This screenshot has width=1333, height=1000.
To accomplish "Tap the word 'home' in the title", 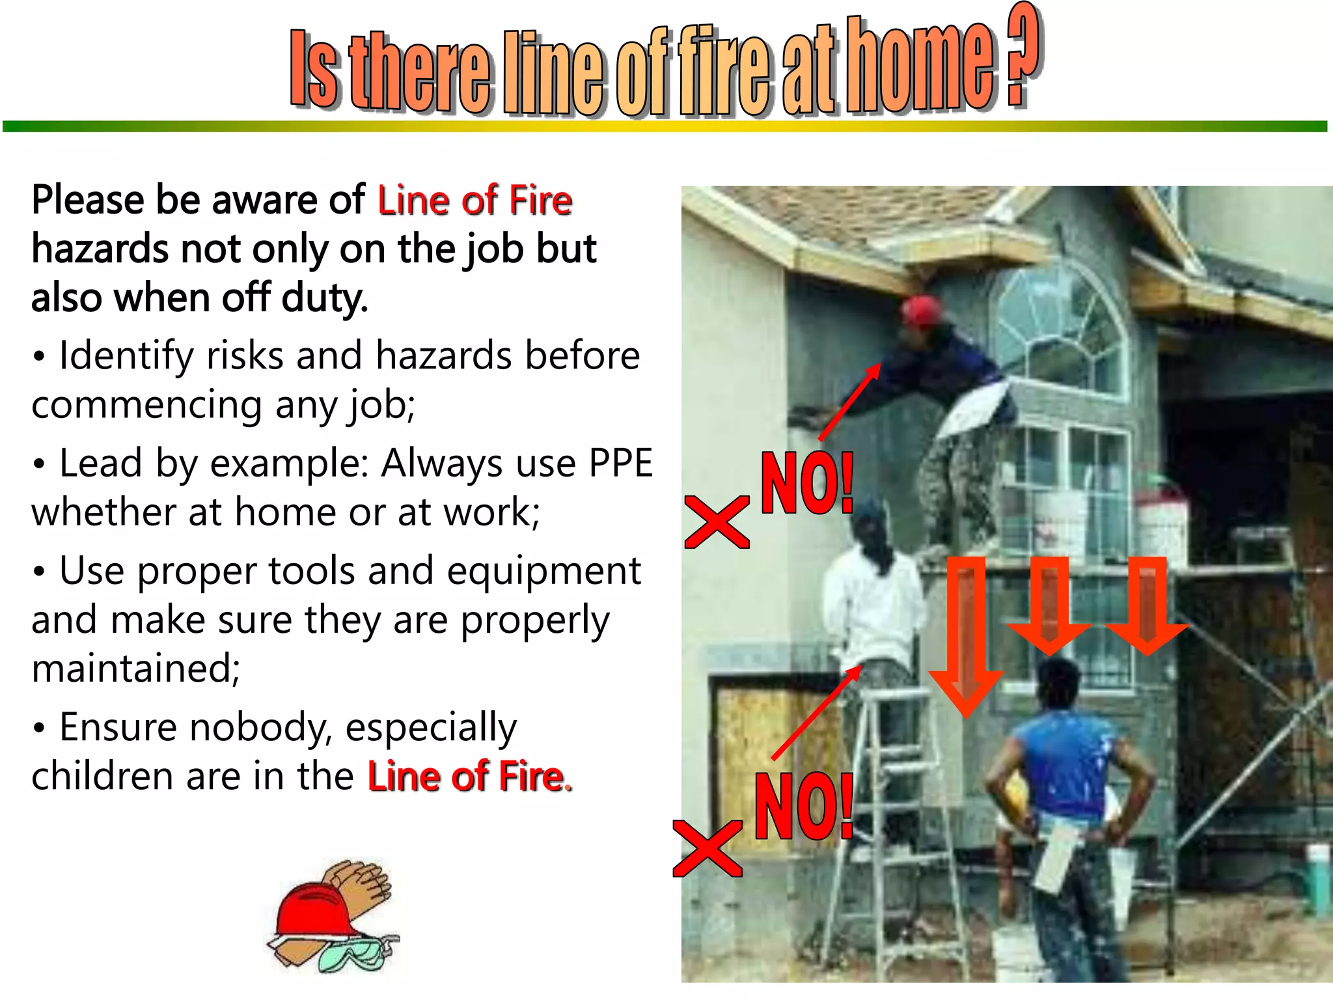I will click(x=920, y=68).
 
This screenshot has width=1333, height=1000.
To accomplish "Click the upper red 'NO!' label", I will click(x=807, y=483).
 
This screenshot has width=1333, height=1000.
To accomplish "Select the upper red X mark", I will click(x=717, y=521).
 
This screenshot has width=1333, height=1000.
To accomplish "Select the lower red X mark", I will click(x=707, y=848).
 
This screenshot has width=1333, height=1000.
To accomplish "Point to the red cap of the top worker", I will click(x=920, y=311).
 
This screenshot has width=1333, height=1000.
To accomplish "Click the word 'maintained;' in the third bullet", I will click(x=135, y=669).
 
